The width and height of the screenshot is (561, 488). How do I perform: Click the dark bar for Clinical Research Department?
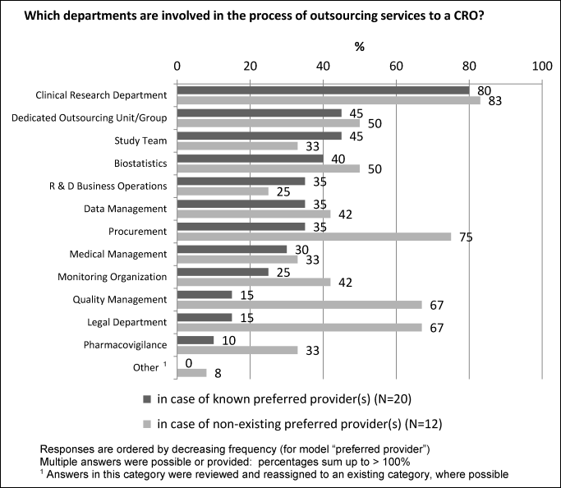(324, 90)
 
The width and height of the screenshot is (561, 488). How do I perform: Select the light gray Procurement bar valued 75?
(315, 236)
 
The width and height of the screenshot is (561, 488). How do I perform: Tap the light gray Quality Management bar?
(300, 305)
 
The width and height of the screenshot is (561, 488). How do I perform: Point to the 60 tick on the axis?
(396, 66)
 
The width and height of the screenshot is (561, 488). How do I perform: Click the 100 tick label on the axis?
(541, 66)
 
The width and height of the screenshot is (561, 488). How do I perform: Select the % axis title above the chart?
(359, 47)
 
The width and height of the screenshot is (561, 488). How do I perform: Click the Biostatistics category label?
(139, 163)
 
